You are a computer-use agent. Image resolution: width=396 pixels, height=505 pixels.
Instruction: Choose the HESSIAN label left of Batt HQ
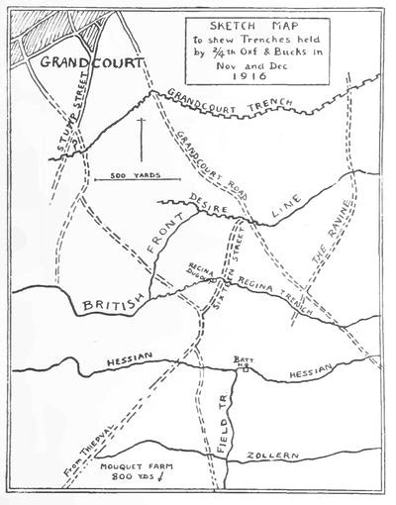[121, 362]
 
